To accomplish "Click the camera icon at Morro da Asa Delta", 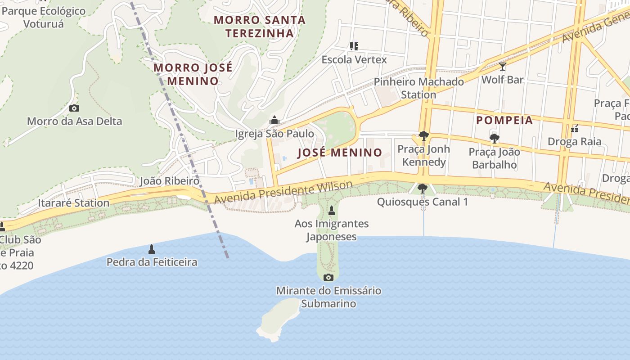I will [x=74, y=108].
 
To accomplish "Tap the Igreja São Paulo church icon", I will [x=274, y=120].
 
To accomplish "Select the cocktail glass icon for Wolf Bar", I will [x=502, y=67].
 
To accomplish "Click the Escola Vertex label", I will [x=354, y=59].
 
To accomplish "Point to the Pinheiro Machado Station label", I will [x=418, y=88].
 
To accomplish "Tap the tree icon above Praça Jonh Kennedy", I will [x=423, y=136].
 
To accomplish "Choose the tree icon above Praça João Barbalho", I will [x=494, y=138].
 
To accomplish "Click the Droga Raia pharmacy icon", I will [x=574, y=129].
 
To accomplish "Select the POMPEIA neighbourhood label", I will [x=504, y=120].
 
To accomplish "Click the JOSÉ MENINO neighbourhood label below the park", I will [x=340, y=153].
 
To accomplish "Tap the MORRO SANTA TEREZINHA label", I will [x=260, y=27].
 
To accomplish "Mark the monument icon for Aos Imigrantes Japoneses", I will [x=332, y=210].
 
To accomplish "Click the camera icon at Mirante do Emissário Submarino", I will [x=328, y=277].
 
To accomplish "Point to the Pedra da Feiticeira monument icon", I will [x=152, y=249].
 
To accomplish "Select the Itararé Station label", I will [x=73, y=203].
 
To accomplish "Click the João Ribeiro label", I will [x=169, y=181].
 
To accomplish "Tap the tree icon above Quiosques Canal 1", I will [x=422, y=188].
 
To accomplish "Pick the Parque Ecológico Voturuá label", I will [x=44, y=17].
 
